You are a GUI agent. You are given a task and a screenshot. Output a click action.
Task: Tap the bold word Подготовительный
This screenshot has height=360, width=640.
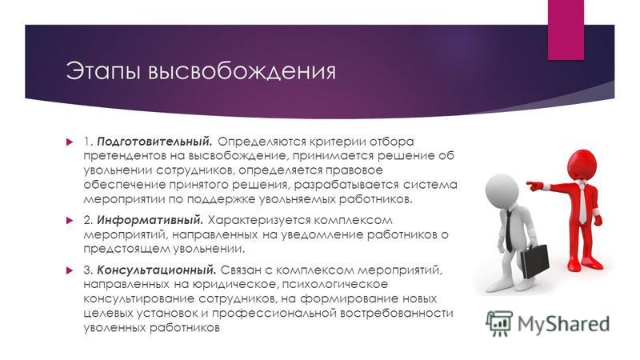click(154, 142)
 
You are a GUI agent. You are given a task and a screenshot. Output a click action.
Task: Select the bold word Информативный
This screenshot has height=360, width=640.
click(150, 221)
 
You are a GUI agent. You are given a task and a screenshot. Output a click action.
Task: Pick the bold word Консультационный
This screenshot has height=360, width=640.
click(156, 270)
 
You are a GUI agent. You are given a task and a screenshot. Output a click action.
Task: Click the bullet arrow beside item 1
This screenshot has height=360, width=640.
click(70, 142)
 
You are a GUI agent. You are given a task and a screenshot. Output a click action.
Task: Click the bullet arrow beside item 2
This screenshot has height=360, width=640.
click(70, 221)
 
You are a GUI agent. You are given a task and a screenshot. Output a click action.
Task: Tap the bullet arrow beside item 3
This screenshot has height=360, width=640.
click(70, 270)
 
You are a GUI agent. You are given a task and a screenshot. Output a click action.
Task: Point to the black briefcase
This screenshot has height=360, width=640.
click(534, 262)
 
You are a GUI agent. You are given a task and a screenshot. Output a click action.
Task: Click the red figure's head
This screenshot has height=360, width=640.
click(582, 165)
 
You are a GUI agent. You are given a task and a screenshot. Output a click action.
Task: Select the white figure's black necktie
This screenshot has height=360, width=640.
click(509, 231)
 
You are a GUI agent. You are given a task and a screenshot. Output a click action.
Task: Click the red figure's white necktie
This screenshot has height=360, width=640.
click(583, 203)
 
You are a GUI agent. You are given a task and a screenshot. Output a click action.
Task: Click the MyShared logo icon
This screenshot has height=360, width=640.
click(498, 324)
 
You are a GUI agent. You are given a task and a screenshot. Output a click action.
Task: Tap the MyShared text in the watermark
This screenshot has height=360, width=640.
click(564, 324)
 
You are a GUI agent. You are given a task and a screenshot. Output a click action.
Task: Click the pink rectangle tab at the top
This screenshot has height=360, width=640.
click(566, 30)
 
